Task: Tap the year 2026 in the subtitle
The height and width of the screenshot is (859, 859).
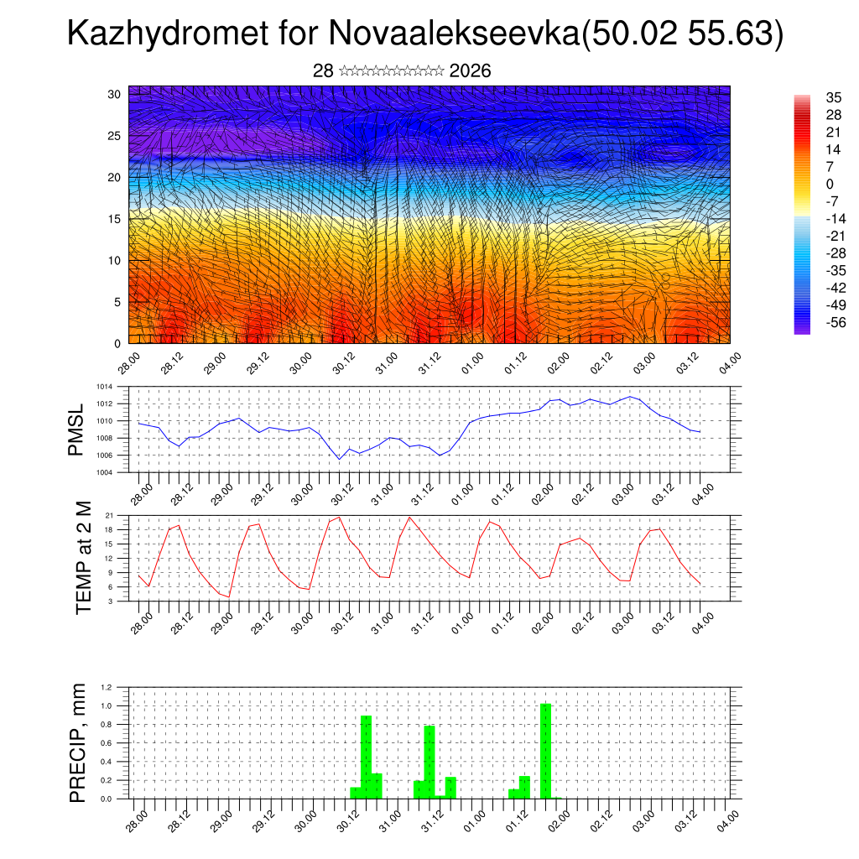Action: [470, 71]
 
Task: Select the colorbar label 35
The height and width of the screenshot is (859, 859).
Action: [834, 96]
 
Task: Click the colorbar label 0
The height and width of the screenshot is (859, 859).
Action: [830, 184]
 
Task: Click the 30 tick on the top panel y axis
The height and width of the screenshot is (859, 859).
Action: [114, 94]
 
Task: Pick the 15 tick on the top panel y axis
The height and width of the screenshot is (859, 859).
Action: [114, 219]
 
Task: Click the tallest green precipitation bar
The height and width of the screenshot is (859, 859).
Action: [545, 751]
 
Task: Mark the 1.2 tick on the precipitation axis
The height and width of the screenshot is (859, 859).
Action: [107, 687]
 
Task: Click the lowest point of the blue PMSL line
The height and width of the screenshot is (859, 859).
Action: [339, 459]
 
